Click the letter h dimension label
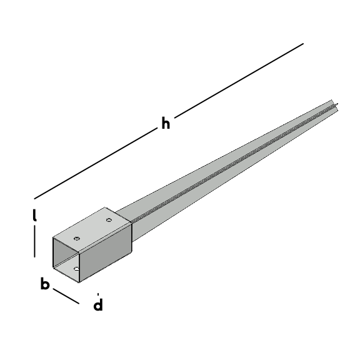(166, 124)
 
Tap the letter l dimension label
(34, 215)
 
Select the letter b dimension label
(45, 283)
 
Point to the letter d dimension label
(98, 304)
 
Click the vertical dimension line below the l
(34, 241)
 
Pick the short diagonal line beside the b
(66, 296)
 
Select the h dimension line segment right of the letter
(239, 81)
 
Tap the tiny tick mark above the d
(98, 294)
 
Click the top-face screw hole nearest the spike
(109, 220)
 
